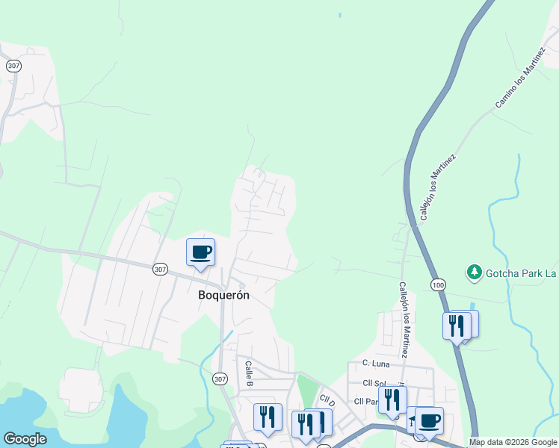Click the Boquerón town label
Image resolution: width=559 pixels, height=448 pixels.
(223, 295)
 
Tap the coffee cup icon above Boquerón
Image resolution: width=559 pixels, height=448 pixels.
(200, 252)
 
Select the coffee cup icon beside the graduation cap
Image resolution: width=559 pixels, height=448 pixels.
(429, 420)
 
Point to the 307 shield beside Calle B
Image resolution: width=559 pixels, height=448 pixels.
(219, 379)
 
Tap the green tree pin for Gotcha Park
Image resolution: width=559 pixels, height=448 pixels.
(474, 273)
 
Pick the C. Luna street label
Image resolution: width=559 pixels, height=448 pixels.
(377, 363)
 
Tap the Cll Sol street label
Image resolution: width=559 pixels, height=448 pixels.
(373, 383)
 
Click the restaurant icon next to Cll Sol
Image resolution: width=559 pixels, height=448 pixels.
(392, 400)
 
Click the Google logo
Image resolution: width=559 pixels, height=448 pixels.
(25, 439)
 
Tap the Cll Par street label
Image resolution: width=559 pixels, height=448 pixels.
(368, 401)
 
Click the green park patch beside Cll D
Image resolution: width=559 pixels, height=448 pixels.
(306, 389)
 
